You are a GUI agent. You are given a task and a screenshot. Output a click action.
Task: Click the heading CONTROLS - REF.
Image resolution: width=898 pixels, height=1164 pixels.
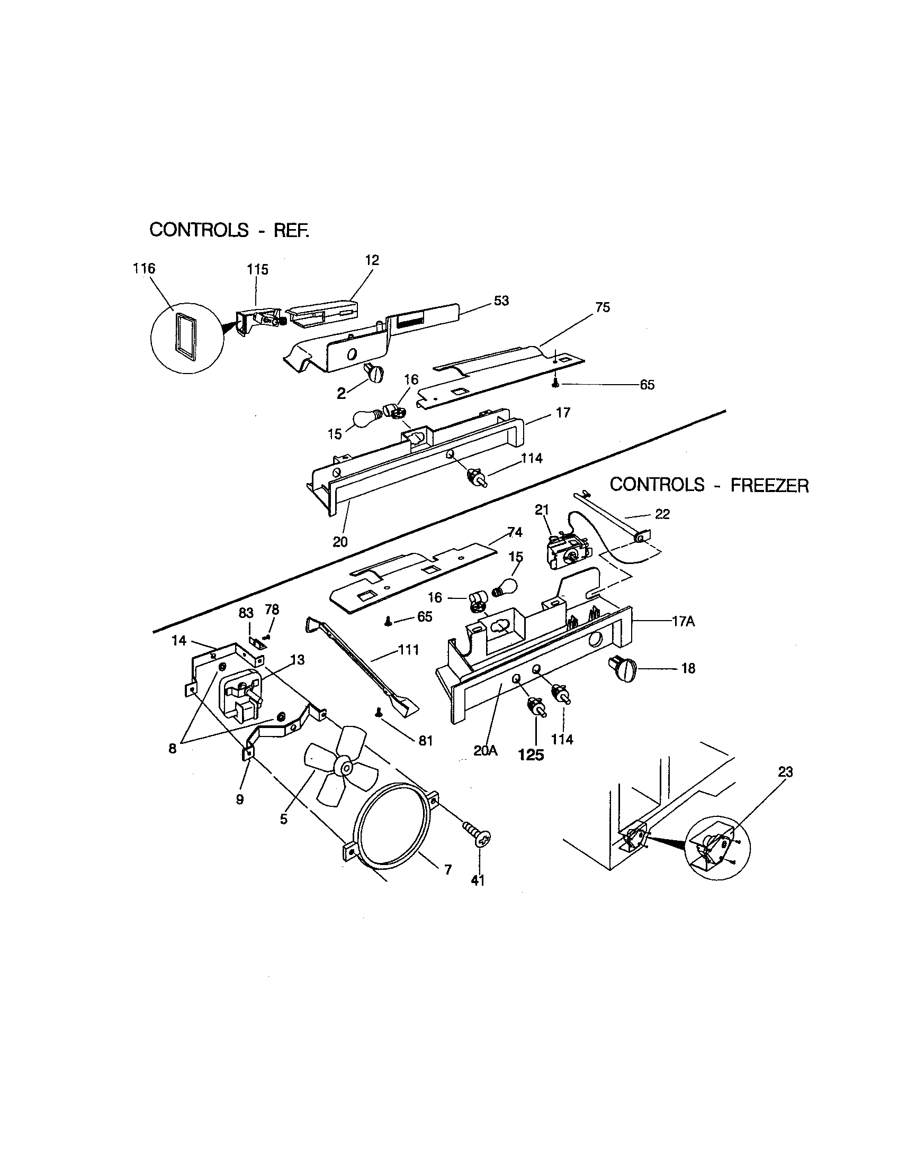pyautogui.click(x=229, y=230)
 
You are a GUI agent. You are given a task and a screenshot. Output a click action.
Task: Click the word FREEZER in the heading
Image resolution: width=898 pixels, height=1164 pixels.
pyautogui.click(x=769, y=486)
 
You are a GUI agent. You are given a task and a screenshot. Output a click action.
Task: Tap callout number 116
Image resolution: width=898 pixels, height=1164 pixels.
pyautogui.click(x=144, y=268)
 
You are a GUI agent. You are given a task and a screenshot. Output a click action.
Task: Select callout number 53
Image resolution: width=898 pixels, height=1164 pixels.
pyautogui.click(x=501, y=301)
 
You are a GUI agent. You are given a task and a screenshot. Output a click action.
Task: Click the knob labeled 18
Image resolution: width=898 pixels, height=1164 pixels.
pyautogui.click(x=624, y=670)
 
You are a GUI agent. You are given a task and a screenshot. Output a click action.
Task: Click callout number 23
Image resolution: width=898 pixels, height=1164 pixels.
pyautogui.click(x=785, y=772)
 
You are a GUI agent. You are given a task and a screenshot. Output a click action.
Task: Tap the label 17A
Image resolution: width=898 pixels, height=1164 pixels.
pyautogui.click(x=684, y=622)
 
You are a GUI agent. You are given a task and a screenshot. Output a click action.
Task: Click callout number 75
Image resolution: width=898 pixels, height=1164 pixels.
pyautogui.click(x=603, y=307)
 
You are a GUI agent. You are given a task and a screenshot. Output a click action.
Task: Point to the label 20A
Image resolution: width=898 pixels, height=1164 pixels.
pyautogui.click(x=485, y=751)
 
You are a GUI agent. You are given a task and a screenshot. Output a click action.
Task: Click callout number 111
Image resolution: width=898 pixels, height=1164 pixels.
pyautogui.click(x=408, y=650)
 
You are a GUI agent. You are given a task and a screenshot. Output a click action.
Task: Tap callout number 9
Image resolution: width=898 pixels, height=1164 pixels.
pyautogui.click(x=240, y=799)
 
